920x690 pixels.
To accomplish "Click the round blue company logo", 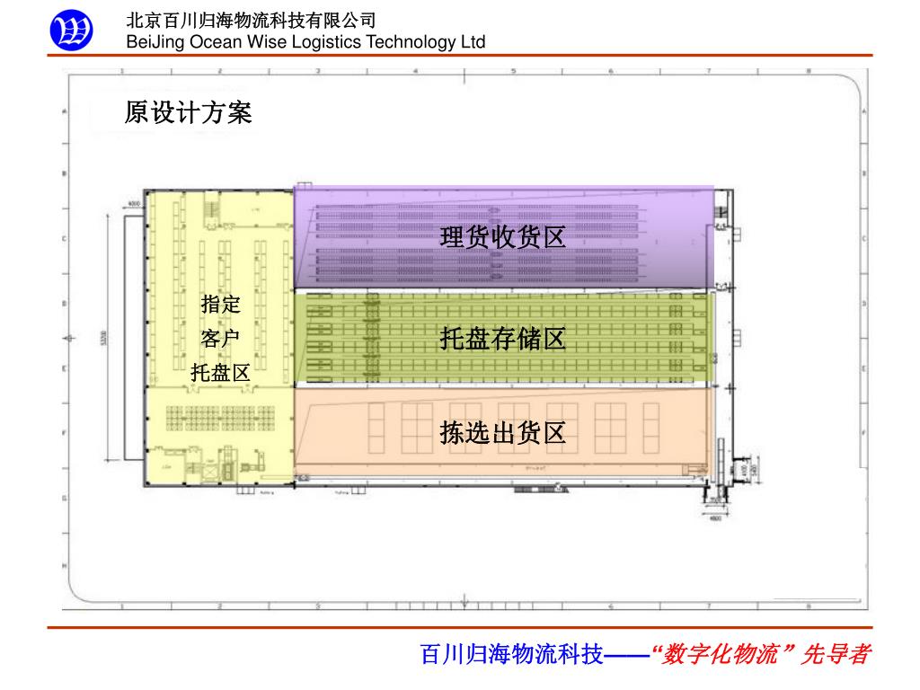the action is click(x=70, y=31).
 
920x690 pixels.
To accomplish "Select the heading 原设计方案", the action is click(x=189, y=112).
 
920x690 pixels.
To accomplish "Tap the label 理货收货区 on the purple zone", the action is click(x=502, y=237).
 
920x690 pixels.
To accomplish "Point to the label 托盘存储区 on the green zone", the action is click(x=502, y=339).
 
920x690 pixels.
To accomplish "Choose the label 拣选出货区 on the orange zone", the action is click(x=502, y=433).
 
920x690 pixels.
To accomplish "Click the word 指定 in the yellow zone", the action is click(x=220, y=304).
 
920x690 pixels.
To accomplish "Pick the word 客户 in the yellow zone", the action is click(x=220, y=339).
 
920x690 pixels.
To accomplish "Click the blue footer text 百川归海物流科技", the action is click(x=512, y=654).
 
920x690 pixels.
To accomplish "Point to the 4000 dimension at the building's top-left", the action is click(x=135, y=204).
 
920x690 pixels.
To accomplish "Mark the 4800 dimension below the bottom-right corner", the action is click(x=716, y=518).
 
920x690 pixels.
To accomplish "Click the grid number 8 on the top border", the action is click(x=809, y=70).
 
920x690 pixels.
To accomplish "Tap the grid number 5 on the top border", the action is click(x=513, y=70).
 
